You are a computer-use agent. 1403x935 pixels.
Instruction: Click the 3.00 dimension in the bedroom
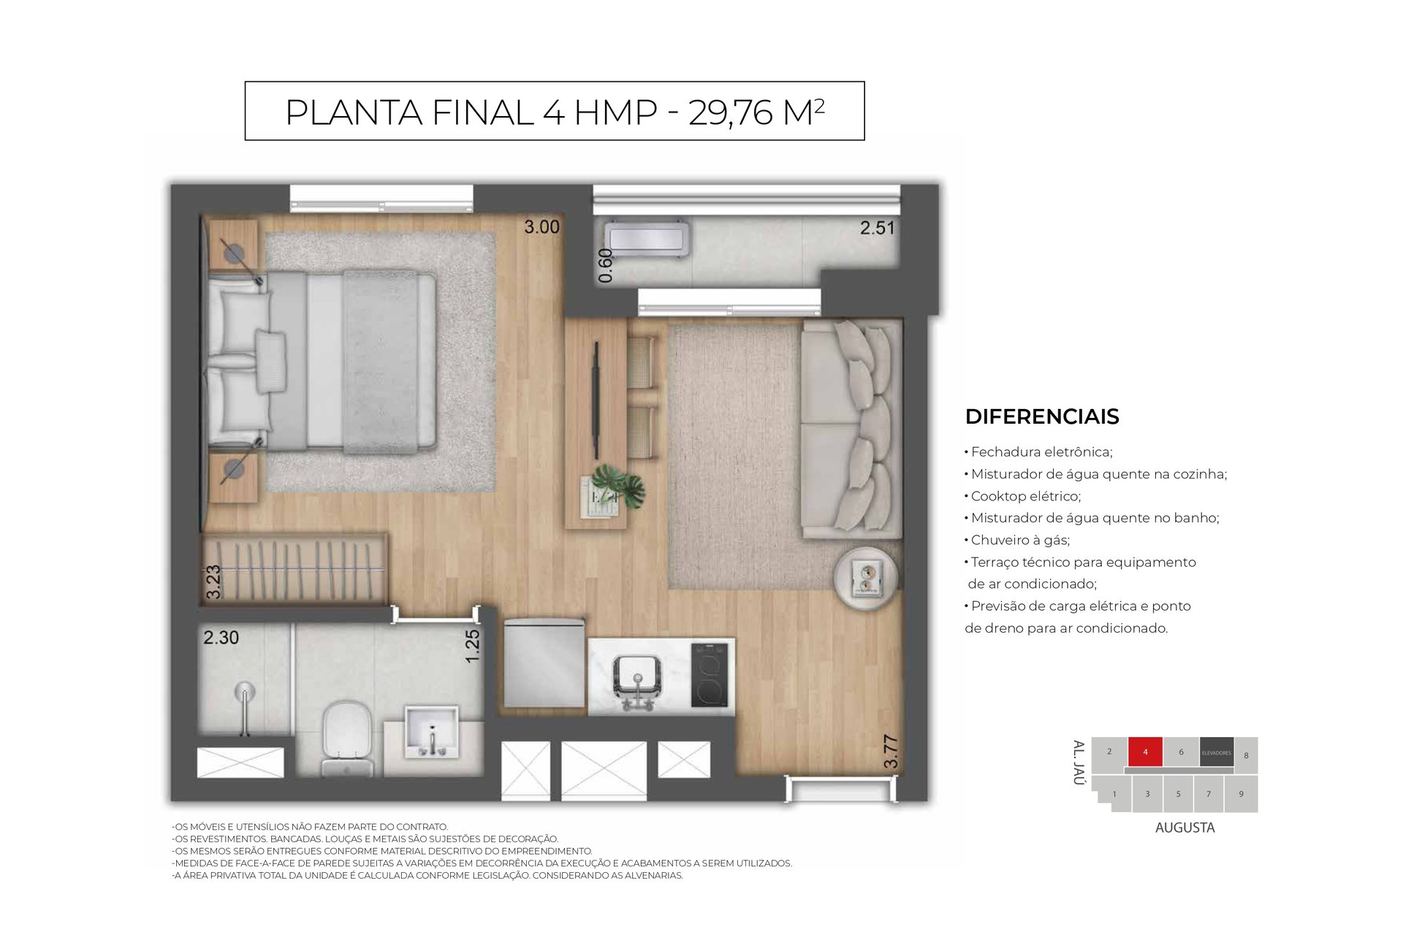tap(541, 227)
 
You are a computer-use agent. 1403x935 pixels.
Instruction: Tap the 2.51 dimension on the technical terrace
tap(877, 228)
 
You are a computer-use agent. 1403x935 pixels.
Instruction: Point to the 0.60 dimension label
tap(605, 265)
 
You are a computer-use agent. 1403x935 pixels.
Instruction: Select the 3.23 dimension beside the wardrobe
tap(213, 582)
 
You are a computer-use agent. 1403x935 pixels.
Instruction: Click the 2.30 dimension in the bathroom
tap(221, 638)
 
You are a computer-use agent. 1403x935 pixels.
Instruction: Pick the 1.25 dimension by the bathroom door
tap(473, 646)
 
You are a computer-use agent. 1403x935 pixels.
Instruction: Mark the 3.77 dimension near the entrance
tap(890, 752)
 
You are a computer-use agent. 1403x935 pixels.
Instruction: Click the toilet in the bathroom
tap(346, 738)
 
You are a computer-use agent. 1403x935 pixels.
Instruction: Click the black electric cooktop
tap(710, 674)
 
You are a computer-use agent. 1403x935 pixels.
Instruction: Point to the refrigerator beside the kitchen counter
tap(544, 663)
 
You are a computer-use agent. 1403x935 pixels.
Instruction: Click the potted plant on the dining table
tap(618, 485)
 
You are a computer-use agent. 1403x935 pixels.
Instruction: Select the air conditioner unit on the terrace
tap(647, 239)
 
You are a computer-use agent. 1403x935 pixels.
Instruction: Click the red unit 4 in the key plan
tap(1145, 752)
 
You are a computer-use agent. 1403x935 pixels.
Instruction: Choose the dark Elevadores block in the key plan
tap(1217, 752)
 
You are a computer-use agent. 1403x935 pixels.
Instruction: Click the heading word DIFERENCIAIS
tap(1042, 416)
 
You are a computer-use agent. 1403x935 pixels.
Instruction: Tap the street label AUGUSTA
tap(1185, 828)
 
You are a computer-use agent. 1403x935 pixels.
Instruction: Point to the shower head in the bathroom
tap(244, 691)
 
